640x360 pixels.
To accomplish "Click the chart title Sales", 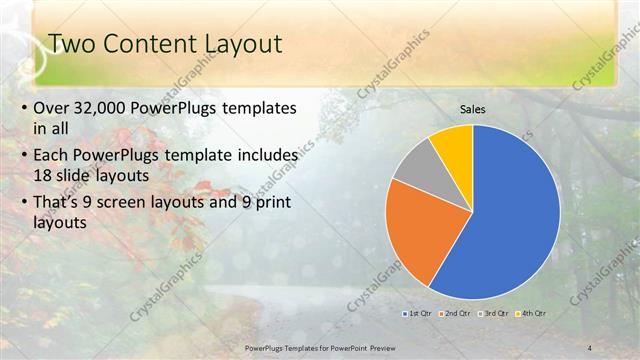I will pos(472,109).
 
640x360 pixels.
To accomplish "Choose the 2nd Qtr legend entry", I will pos(456,313).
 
